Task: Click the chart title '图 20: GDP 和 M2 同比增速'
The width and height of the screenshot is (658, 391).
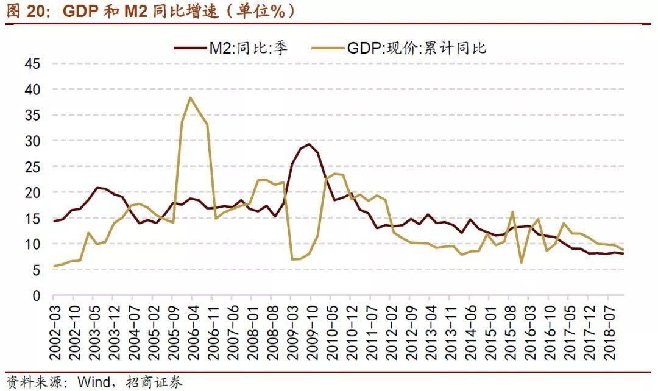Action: pyautogui.click(x=149, y=11)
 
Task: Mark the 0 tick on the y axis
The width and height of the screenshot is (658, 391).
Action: pyautogui.click(x=36, y=296)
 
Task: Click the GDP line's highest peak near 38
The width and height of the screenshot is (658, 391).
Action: pyautogui.click(x=191, y=97)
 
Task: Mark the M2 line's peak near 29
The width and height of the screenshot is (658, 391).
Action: pyautogui.click(x=310, y=144)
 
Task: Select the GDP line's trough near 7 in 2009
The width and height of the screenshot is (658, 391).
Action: pyautogui.click(x=293, y=259)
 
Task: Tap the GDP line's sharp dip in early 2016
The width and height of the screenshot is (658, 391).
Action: pyautogui.click(x=522, y=262)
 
